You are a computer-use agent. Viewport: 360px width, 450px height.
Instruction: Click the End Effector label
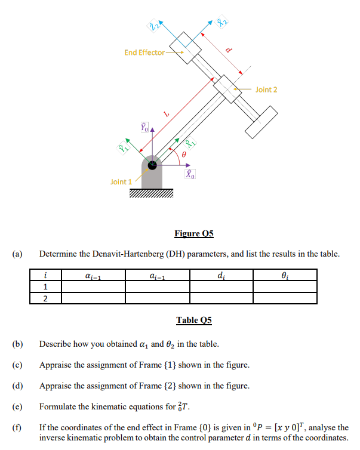[144, 53]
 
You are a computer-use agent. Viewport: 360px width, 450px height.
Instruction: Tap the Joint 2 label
[266, 90]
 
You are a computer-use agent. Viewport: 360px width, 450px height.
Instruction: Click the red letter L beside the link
[168, 113]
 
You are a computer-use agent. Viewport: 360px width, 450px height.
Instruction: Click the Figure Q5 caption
[193, 233]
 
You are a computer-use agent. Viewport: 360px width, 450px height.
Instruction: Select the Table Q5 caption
[193, 320]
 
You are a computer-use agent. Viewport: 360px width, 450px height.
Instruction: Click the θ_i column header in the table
[285, 275]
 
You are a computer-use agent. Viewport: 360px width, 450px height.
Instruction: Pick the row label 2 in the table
[46, 298]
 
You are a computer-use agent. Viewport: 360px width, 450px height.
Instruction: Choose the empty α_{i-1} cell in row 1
[93, 286]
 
